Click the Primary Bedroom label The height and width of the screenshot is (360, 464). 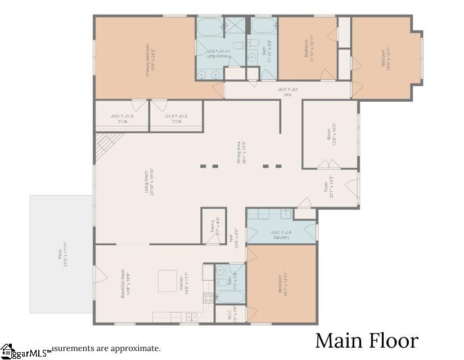pyautogui.click(x=150, y=58)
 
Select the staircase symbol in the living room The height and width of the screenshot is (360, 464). pyautogui.click(x=105, y=146)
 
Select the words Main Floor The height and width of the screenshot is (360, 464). pyautogui.click(x=367, y=341)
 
